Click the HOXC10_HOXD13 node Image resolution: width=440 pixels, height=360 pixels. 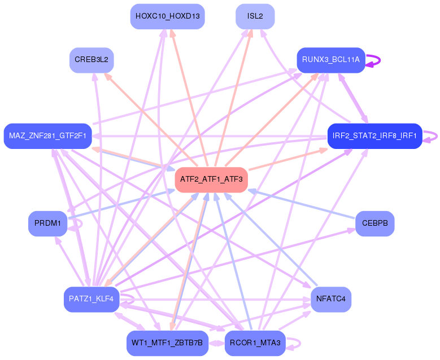167,16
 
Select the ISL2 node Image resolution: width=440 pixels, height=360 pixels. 255,16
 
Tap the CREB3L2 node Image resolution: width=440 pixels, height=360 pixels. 92,60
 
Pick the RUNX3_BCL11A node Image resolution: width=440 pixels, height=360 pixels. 331,60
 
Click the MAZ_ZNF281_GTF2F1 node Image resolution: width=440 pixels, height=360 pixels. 47,136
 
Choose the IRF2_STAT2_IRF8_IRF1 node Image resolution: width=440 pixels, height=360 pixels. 374,136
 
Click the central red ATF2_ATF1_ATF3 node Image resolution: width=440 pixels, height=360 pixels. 211,179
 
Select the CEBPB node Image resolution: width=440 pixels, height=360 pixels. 374,223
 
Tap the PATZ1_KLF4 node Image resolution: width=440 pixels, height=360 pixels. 92,299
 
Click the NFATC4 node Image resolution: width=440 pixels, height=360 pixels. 331,299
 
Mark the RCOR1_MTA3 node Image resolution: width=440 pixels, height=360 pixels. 255,343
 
